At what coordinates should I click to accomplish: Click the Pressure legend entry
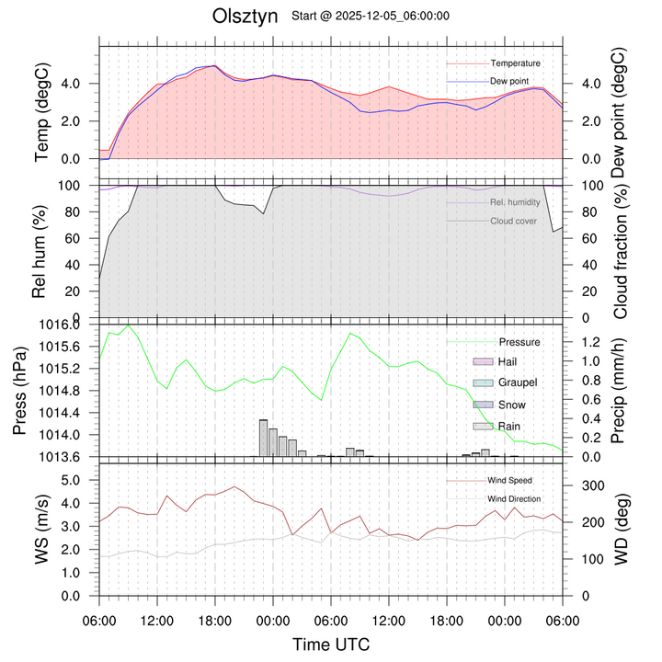(519, 342)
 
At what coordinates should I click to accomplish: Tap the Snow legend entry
(511, 405)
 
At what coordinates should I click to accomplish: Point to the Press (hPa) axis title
(41, 391)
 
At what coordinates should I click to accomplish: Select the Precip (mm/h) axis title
(618, 391)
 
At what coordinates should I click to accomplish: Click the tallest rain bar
(263, 438)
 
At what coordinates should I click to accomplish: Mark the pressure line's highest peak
(129, 325)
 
